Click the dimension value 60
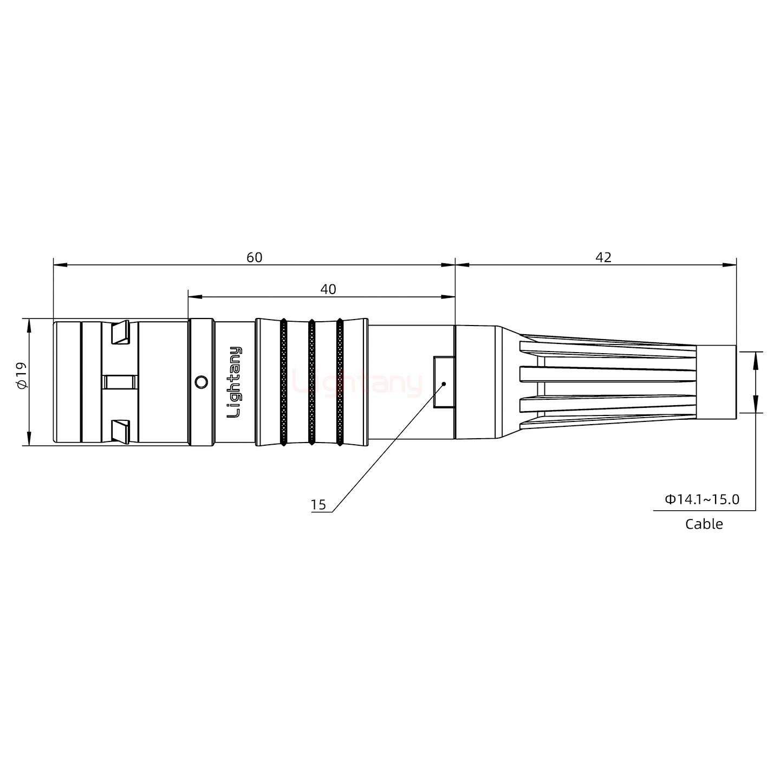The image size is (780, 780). (254, 257)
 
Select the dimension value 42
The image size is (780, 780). (603, 257)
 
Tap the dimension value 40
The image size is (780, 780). (328, 289)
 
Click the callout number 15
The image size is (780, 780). (318, 505)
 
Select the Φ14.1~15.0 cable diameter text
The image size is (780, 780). (702, 499)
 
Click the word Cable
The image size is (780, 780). (704, 524)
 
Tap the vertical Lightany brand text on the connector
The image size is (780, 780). (235, 382)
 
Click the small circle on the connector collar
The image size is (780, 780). (200, 382)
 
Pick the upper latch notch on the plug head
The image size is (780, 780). (120, 333)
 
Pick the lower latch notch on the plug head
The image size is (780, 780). (120, 431)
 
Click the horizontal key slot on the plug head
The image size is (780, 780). (120, 382)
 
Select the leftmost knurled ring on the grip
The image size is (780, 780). (283, 382)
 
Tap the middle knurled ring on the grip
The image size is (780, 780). (311, 382)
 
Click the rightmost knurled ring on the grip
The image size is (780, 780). (340, 382)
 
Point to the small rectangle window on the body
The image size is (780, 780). (444, 382)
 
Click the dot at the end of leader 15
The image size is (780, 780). (444, 383)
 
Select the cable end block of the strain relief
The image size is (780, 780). (716, 382)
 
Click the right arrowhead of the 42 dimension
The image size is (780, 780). (730, 265)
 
